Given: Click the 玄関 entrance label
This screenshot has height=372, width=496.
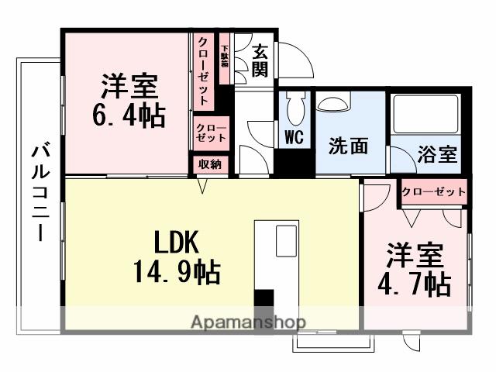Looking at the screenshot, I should point(260,60).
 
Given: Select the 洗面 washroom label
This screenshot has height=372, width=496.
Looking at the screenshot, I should point(348,146).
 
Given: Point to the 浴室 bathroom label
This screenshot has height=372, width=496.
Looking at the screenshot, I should point(438,154).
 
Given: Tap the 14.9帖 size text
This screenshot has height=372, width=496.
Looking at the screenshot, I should point(177,273).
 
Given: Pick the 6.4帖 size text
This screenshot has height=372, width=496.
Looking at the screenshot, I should point(128,117).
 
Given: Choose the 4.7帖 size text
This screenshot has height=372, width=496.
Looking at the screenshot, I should point(415,285).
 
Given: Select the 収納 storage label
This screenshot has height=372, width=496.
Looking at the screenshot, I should point(210,164).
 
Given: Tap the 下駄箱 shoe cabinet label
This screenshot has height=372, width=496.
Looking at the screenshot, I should point(224,59).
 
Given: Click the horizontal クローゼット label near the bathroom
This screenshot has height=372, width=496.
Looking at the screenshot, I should point(434,191).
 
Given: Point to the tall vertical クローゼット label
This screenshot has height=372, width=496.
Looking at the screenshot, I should point(203,71).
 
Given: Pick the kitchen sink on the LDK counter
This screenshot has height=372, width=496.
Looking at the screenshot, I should point(284,242).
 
